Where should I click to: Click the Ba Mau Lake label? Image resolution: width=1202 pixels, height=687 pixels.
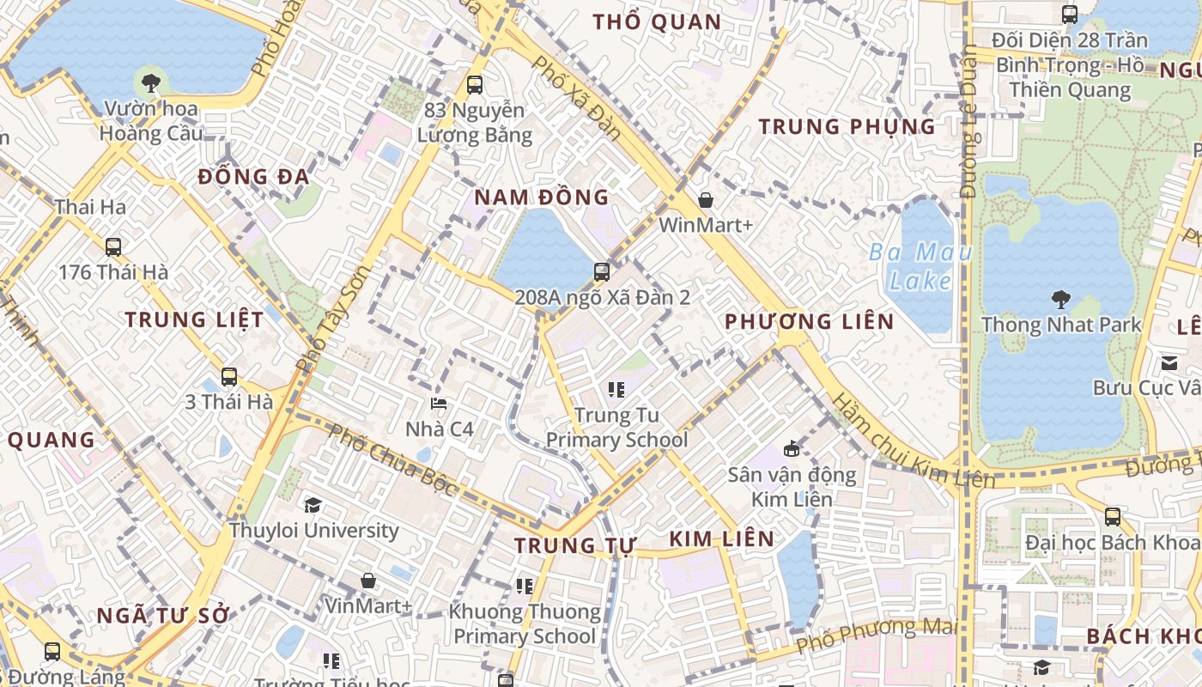(920, 266)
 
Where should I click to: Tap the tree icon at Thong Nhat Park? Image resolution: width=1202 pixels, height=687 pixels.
(1061, 300)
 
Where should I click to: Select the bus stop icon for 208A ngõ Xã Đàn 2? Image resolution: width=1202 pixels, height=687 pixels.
(602, 272)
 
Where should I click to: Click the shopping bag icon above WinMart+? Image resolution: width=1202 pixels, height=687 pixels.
(706, 200)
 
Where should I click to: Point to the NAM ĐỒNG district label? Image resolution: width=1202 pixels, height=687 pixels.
(541, 197)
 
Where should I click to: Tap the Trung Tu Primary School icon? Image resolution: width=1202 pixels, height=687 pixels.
(616, 391)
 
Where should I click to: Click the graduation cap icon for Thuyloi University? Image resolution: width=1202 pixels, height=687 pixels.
(313, 505)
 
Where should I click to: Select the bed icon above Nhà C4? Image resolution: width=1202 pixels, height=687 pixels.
(439, 403)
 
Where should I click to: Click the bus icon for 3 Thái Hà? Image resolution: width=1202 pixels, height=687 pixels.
(229, 376)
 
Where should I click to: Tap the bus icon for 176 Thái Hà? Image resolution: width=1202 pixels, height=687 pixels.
(113, 247)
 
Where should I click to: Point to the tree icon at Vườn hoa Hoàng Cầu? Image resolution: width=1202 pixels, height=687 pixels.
(151, 83)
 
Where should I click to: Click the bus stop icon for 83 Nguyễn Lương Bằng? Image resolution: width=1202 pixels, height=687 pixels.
(474, 85)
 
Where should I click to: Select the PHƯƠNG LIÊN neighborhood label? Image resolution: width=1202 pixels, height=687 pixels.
(809, 322)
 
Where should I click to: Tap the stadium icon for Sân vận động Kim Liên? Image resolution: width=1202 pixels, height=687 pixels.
(792, 448)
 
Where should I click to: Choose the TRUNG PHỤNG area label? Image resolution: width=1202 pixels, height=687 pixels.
(847, 127)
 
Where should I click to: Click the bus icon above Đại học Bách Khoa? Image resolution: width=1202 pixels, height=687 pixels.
(1113, 517)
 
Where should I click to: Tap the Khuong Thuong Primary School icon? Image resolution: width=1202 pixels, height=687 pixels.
(525, 587)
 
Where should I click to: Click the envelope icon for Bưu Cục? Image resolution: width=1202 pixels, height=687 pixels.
(1169, 362)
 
